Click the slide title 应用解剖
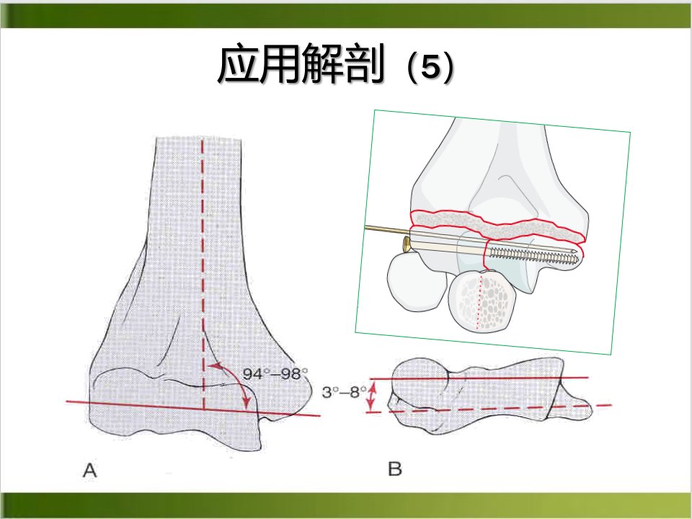(301, 64)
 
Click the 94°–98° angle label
(275, 374)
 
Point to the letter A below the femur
(89, 471)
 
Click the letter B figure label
(395, 469)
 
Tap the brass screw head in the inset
(407, 244)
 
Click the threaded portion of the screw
(533, 254)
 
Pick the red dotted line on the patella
(479, 301)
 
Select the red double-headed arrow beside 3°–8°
(372, 396)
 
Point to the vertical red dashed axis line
(203, 275)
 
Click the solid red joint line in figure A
(193, 409)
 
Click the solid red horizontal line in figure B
(479, 378)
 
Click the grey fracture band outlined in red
(498, 225)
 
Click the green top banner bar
(346, 16)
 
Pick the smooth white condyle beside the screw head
(417, 282)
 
